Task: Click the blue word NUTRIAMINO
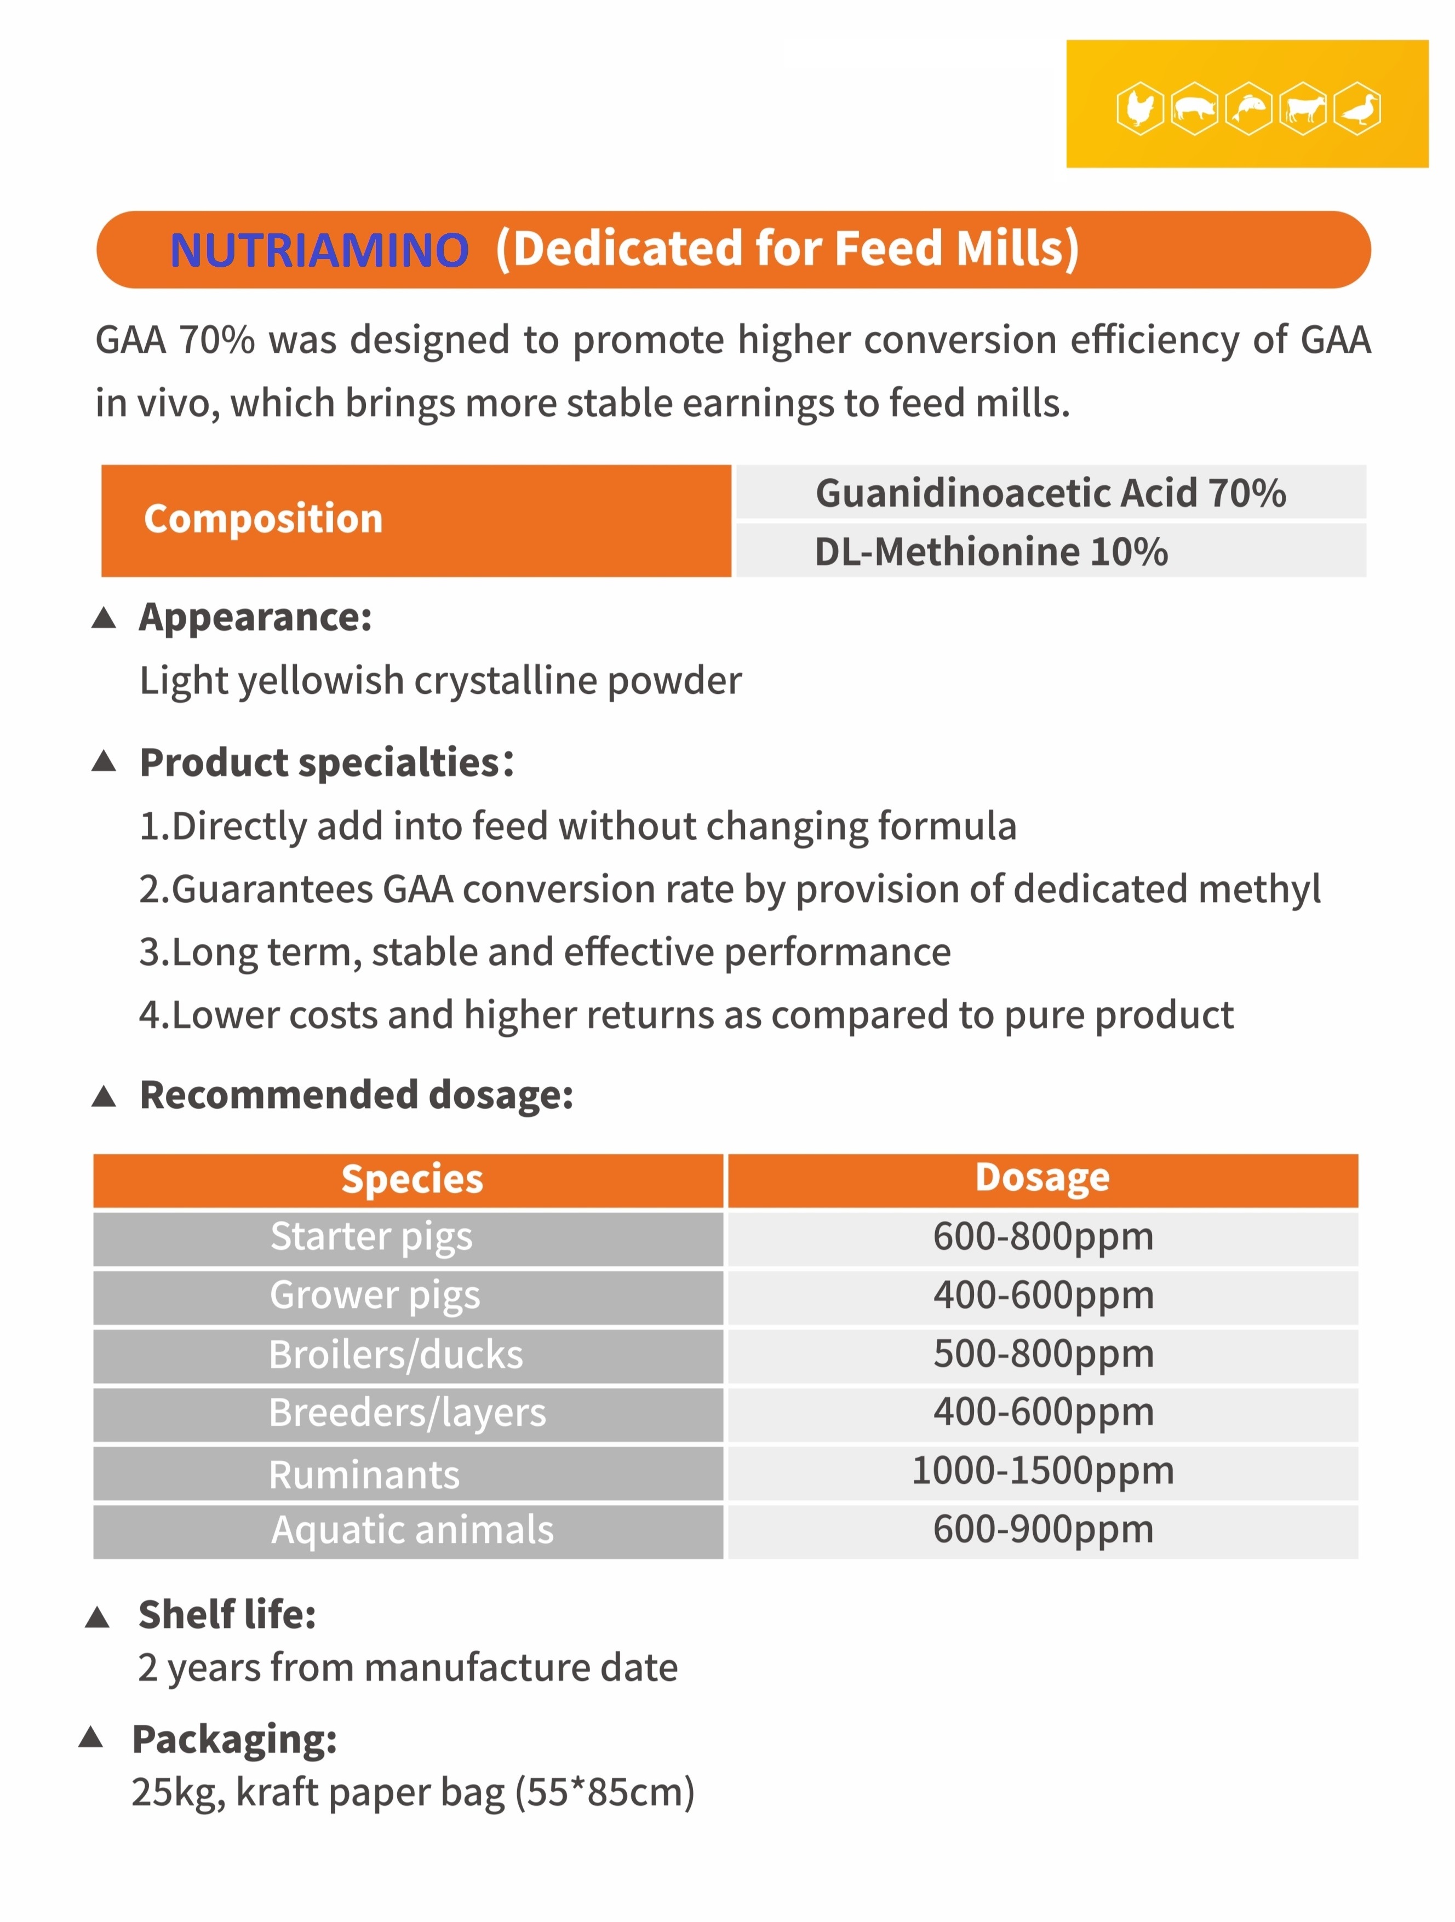(319, 250)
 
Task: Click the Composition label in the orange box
(263, 519)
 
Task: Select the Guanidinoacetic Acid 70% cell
(1050, 492)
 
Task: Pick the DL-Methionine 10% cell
(991, 552)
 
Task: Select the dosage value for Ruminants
(1042, 1470)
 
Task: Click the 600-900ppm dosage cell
(1042, 1529)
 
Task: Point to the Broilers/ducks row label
(396, 1355)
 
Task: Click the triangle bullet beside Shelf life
(98, 1617)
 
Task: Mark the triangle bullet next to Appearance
(104, 618)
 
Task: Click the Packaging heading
(234, 1740)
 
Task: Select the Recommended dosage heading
(357, 1095)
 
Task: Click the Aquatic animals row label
(412, 1529)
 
